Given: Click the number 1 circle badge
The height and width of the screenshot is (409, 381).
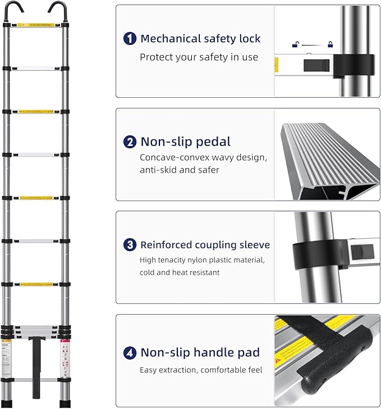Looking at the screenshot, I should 130,39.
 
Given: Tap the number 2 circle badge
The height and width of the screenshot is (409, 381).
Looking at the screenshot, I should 130,142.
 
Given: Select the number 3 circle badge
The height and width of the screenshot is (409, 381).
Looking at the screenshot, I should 130,245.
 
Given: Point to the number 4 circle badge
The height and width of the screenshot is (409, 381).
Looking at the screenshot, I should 130,353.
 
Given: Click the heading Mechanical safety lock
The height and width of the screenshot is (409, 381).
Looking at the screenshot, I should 200,39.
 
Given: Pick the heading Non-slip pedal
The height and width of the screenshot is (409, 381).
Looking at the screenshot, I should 185,142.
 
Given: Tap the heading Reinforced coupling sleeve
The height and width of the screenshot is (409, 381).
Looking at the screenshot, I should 205,245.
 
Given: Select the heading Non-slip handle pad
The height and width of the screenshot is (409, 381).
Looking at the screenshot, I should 200,353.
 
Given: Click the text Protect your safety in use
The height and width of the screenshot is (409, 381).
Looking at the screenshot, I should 199,57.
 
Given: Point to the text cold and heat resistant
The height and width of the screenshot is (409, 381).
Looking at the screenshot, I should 180,272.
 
